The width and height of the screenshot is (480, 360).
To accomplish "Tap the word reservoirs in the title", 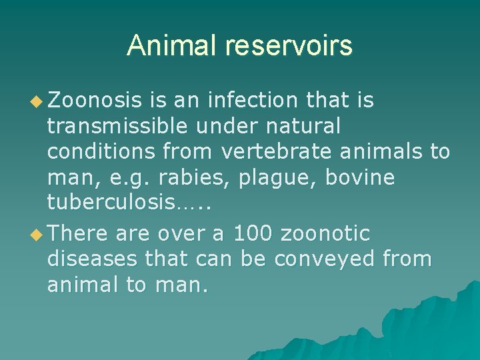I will click(x=289, y=45).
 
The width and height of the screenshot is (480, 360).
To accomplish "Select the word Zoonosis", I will click(x=95, y=100).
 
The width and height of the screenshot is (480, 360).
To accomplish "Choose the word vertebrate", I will click(x=275, y=151).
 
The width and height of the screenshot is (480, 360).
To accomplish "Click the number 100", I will click(x=253, y=234).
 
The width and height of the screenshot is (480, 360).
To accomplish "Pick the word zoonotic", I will click(x=325, y=234).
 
